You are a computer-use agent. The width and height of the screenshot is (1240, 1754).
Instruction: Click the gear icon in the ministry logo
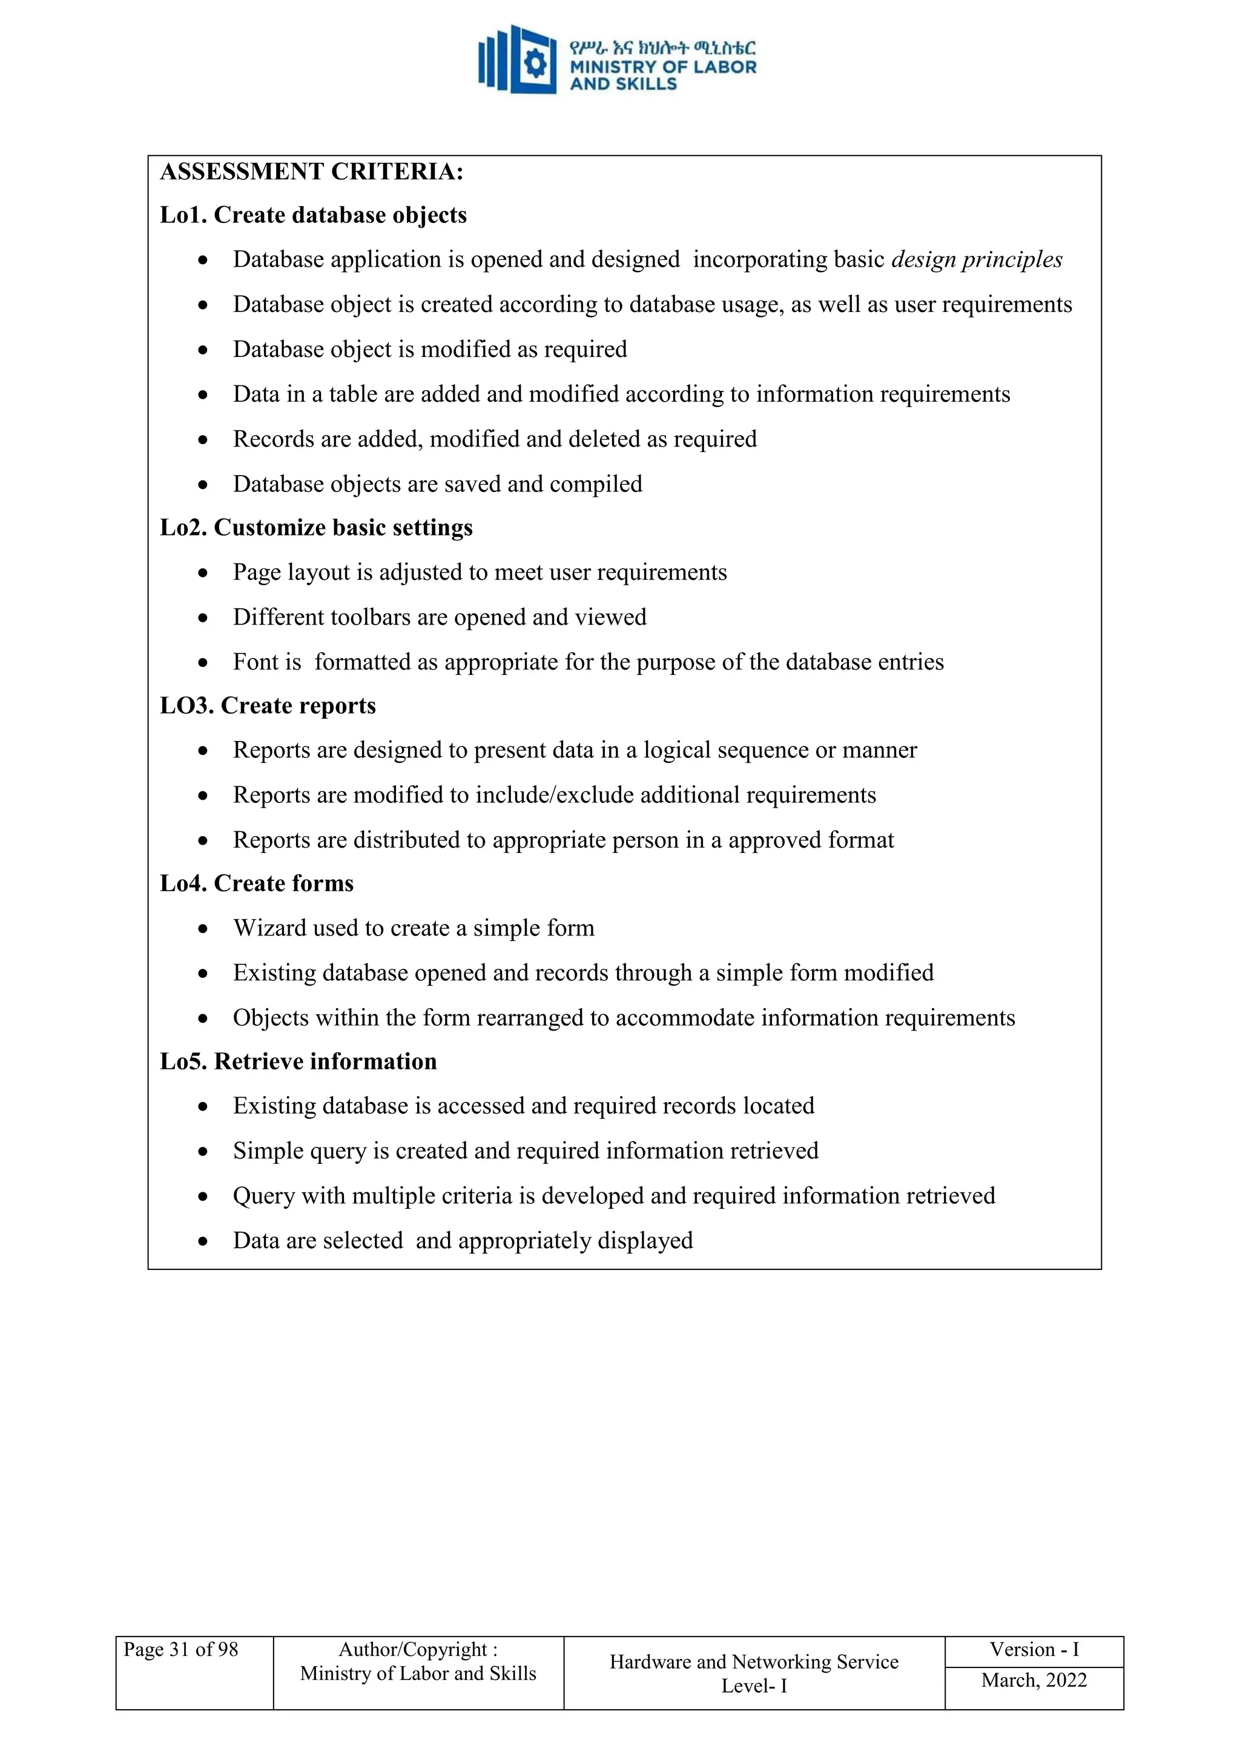pos(535,64)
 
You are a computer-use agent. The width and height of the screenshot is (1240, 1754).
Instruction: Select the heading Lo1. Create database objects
pos(313,216)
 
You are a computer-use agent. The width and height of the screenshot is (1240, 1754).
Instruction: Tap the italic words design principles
pos(977,260)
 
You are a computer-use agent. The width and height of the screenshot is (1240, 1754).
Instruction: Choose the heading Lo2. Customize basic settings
pos(316,528)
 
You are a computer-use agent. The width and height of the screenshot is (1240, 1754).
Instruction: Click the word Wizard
pos(269,928)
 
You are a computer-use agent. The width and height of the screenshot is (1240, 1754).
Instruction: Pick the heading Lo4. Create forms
pos(257,884)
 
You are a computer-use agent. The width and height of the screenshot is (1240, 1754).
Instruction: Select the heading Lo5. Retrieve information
pos(298,1062)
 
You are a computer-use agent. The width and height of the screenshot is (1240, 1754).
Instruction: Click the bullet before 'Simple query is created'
pos(202,1152)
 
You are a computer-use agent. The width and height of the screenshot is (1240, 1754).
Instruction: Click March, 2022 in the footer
pos(1034,1680)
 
